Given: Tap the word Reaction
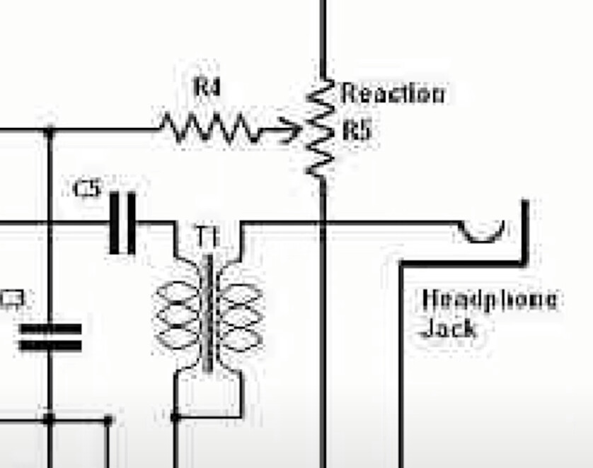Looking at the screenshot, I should click(x=393, y=93).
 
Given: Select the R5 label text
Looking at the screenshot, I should click(x=357, y=130).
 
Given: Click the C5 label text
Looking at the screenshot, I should click(x=88, y=189).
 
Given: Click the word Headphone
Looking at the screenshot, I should click(x=488, y=299).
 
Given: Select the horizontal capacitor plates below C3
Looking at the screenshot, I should click(x=50, y=337).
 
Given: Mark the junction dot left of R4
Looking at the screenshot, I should click(x=49, y=131).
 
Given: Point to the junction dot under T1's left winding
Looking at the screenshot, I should click(x=175, y=418).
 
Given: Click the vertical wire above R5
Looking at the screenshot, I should click(x=323, y=35).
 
